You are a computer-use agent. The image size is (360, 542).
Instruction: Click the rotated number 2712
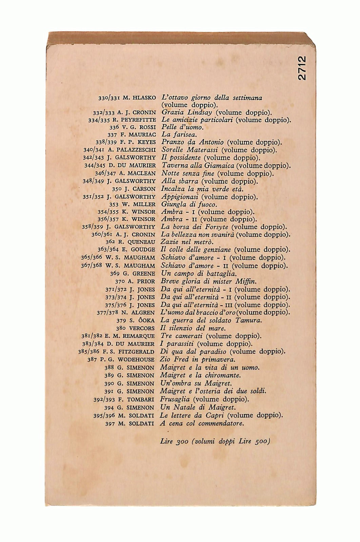pos(302,68)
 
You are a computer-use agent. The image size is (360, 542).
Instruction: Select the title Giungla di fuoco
pos(188,204)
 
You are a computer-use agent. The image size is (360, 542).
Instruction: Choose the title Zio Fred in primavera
pos(198,359)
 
